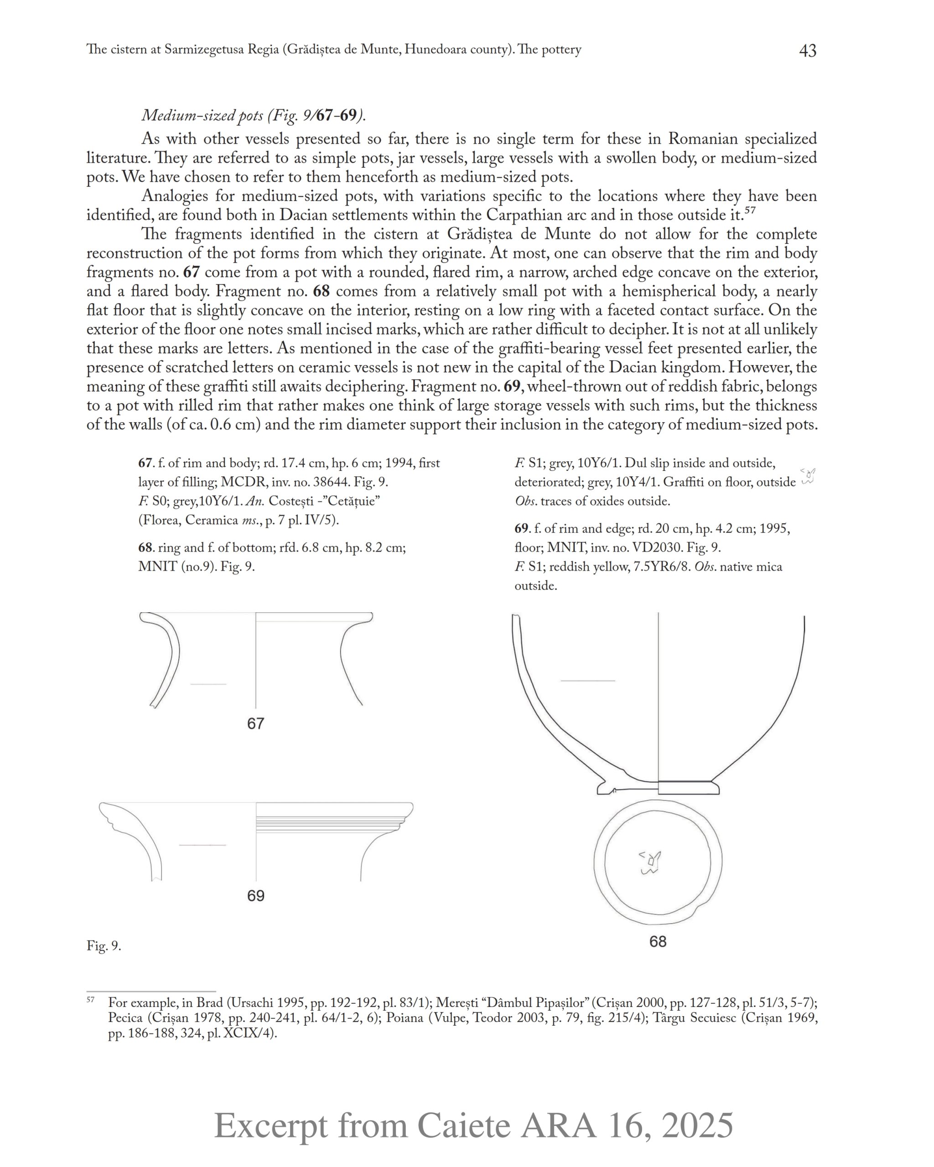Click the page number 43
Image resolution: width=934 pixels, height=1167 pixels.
point(807,51)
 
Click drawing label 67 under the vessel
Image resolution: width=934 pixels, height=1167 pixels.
point(255,724)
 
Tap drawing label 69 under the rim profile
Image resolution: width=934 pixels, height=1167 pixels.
point(255,896)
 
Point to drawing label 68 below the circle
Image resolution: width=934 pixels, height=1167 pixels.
point(658,942)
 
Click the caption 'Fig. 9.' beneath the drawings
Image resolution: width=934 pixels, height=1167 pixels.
point(104,946)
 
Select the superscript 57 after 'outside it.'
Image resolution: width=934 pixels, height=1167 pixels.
point(749,210)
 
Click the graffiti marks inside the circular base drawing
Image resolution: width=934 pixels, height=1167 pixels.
point(650,863)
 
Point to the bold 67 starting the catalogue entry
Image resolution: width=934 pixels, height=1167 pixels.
point(145,463)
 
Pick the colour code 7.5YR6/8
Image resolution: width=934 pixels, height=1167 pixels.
point(662,567)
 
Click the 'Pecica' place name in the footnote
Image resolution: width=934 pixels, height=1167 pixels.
point(125,1018)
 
